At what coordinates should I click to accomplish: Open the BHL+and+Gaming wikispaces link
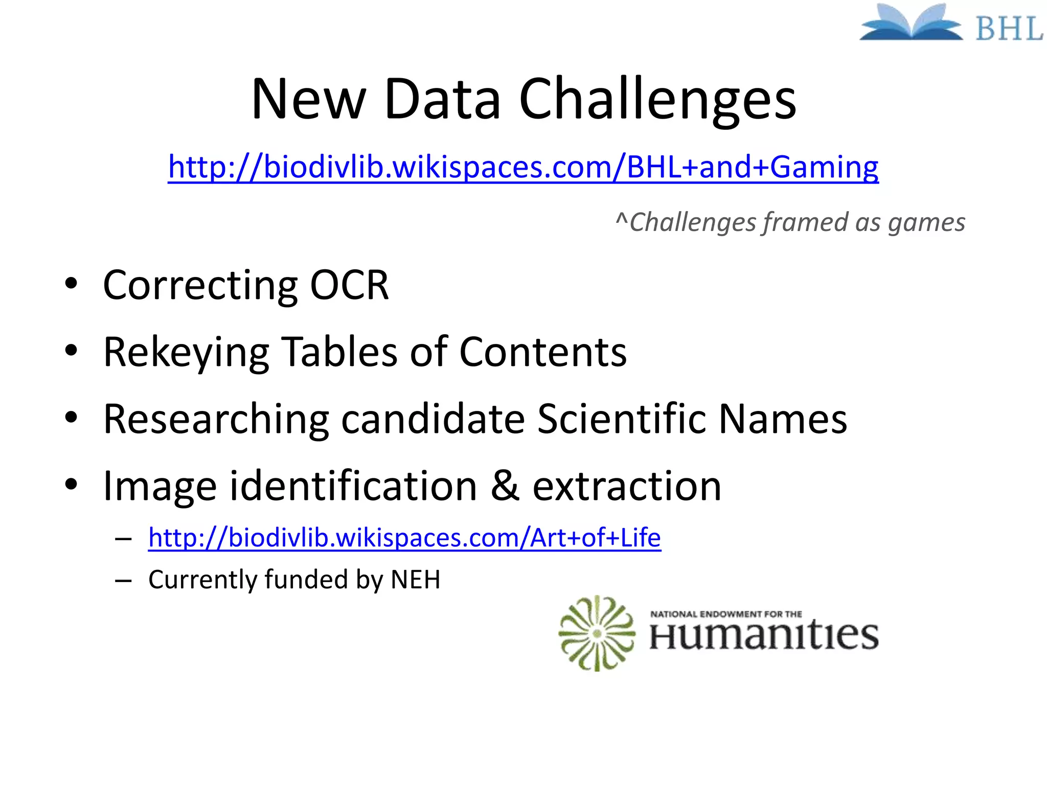click(523, 167)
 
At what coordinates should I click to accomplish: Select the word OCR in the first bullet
click(349, 285)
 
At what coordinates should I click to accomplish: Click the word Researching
click(216, 420)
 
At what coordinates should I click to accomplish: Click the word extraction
click(627, 486)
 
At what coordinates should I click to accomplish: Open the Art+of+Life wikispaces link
click(404, 538)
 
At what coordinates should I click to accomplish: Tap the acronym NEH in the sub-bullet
click(415, 580)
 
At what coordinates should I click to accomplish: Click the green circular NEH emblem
click(597, 633)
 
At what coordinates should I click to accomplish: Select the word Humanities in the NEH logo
click(764, 636)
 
